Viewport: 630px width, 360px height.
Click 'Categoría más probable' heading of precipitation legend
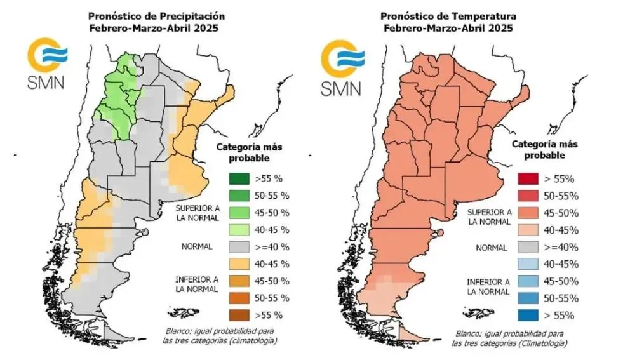[250, 152]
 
